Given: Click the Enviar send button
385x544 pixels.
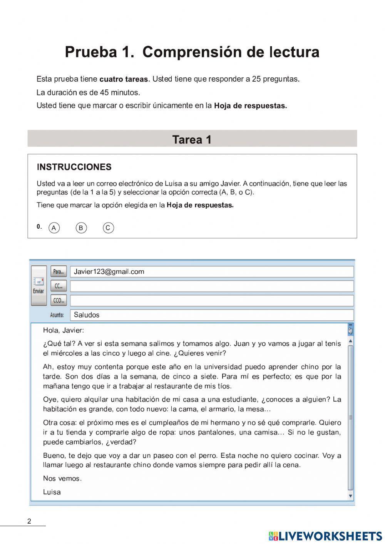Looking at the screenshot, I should [38, 286].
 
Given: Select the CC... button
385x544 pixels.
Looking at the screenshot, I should [59, 286].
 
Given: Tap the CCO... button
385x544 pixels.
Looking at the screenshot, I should [59, 300].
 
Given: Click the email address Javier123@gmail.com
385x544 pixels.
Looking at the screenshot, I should [109, 272].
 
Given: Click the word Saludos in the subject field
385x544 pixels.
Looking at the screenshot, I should [87, 315].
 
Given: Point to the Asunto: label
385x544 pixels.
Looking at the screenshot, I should [57, 315].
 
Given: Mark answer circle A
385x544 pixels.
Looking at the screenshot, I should [54, 228].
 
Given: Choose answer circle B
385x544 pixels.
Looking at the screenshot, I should [81, 228].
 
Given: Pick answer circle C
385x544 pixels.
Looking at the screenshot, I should [108, 228].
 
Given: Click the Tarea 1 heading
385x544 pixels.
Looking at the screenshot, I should [192, 139].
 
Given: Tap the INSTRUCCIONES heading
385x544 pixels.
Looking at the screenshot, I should [74, 167].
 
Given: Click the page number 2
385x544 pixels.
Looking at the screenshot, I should [29, 522].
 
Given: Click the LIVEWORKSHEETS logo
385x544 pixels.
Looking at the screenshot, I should [325, 536].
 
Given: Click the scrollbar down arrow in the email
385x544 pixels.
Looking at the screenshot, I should [350, 496].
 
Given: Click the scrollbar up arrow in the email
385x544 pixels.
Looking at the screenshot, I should [350, 341].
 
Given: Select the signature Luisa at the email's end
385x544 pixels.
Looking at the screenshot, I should [52, 492].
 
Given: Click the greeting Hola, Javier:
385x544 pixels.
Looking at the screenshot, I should [64, 330].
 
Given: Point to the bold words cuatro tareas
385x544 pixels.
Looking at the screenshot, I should [124, 79].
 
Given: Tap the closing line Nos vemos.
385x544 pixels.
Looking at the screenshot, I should [62, 479].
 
